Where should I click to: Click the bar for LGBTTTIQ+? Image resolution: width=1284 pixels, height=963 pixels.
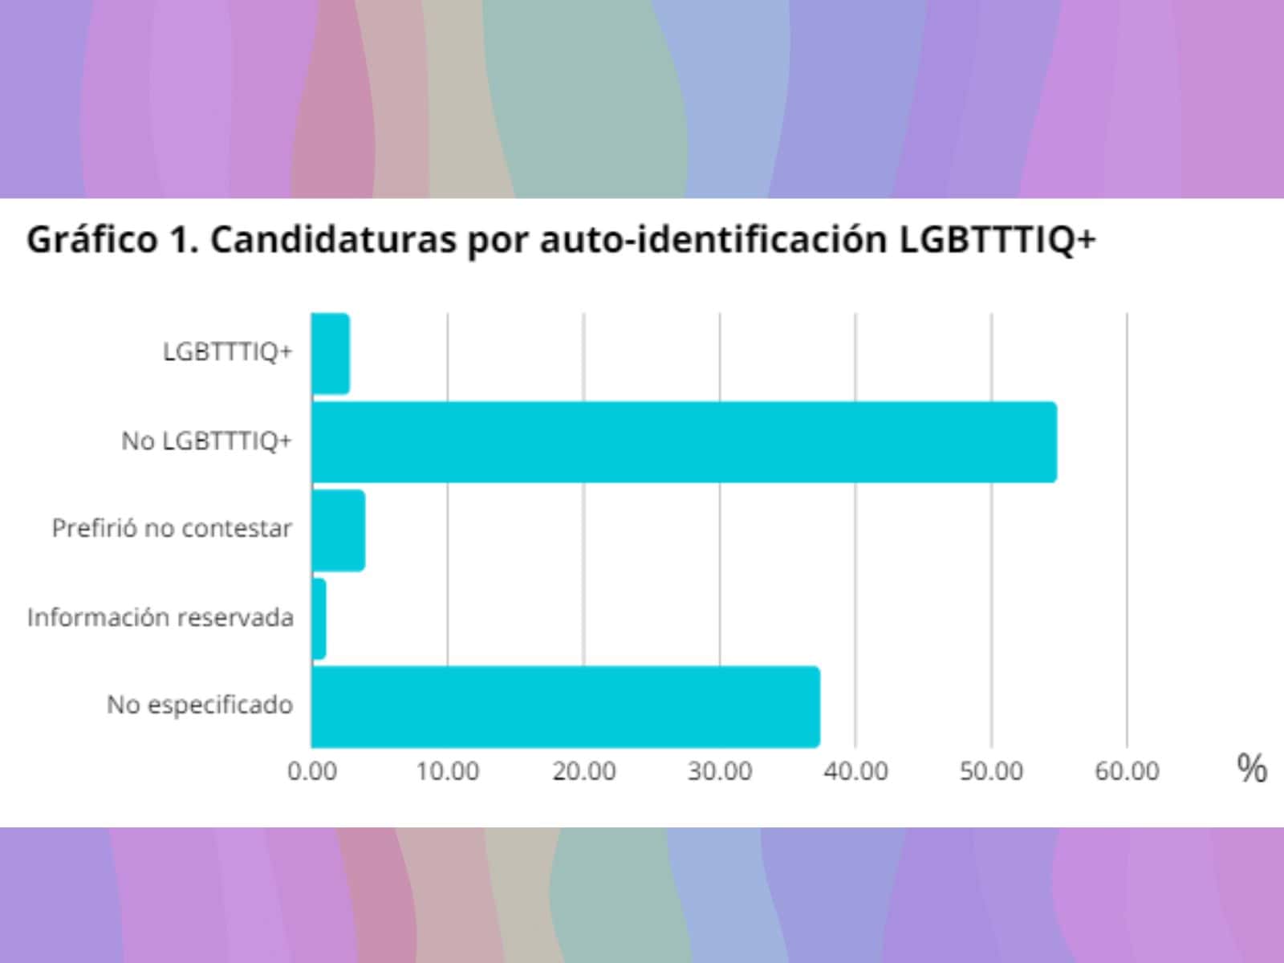coord(331,354)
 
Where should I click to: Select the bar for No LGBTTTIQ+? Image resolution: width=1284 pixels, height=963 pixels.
coord(684,442)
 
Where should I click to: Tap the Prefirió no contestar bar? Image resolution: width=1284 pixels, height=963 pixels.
coord(338,530)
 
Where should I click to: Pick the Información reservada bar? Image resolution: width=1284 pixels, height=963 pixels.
coord(319,619)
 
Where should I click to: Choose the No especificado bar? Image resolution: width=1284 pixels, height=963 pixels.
coord(566,706)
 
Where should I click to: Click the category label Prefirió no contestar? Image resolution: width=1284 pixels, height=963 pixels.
coord(172,529)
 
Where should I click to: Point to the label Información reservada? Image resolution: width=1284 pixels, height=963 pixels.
coord(160,617)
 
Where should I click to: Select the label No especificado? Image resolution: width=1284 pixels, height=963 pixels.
coord(200,705)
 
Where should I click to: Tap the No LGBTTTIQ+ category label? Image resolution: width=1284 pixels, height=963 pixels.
coord(206,441)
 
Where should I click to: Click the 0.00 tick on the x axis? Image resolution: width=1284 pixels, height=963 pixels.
coord(312,771)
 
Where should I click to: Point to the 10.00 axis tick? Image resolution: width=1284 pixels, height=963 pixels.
coord(448,771)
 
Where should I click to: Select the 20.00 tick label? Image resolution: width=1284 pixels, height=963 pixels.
coord(583,771)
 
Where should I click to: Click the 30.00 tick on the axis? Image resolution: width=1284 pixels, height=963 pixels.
coord(720,771)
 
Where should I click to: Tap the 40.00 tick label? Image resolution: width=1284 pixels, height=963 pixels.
coord(855,771)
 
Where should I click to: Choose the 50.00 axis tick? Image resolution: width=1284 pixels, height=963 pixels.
coord(991,771)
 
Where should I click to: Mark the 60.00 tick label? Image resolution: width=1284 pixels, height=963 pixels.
coord(1127,771)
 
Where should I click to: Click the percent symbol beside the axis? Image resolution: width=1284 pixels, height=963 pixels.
coord(1251,769)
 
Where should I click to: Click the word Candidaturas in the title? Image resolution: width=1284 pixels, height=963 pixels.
coord(333,239)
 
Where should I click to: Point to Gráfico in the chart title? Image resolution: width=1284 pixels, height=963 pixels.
coord(92,239)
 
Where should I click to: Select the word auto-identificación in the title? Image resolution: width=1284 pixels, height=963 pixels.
coord(713,239)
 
